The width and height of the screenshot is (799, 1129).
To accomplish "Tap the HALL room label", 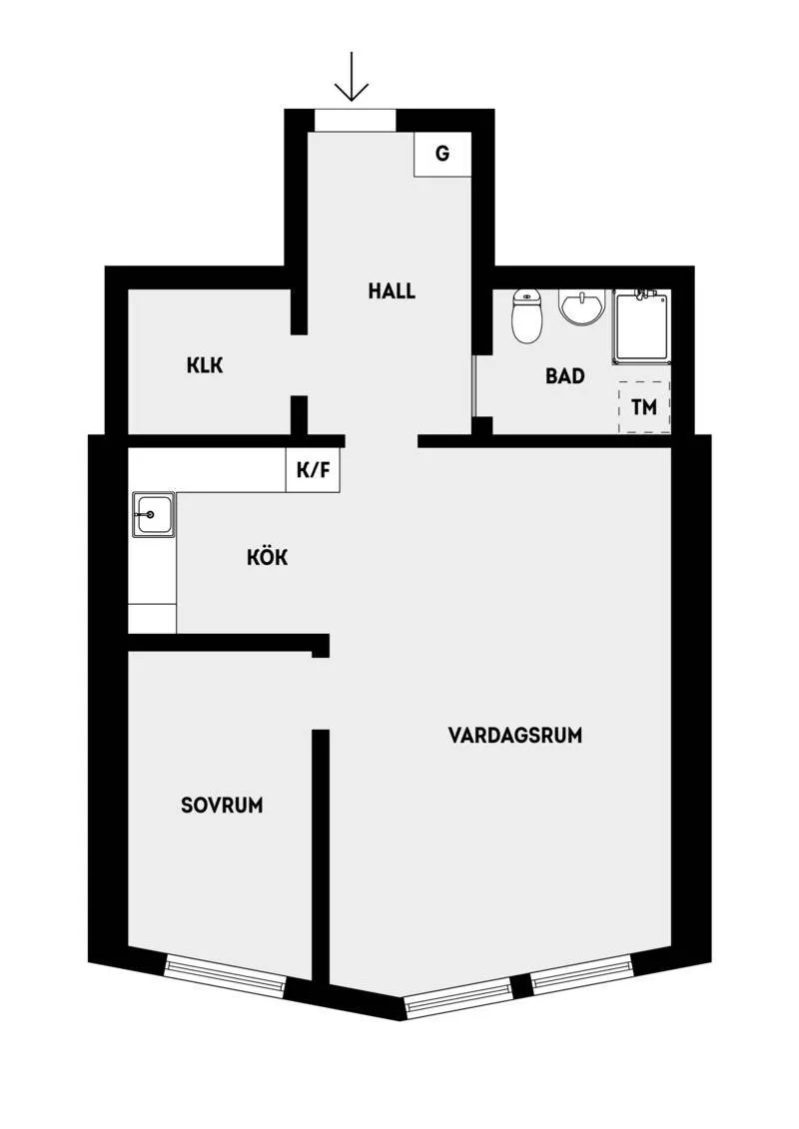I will coord(392,291).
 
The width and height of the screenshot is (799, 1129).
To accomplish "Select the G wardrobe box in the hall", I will coord(441,154).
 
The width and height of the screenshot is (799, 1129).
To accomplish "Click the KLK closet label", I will coord(204,365).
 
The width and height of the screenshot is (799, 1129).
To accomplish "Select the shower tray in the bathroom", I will coord(640,325).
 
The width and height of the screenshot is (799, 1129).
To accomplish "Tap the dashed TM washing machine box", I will coord(643,407).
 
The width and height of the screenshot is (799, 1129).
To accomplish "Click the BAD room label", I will coord(564,376).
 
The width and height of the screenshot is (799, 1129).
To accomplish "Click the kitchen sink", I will coord(152,516).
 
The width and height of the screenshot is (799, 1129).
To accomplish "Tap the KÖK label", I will coord(267,557).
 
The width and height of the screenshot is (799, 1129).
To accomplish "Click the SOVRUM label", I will coord(222,805).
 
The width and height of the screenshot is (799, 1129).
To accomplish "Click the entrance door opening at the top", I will coord(355,120).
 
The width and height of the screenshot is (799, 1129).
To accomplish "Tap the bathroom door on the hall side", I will coord(472,385).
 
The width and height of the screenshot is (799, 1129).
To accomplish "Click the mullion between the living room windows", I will coord(520,987).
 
